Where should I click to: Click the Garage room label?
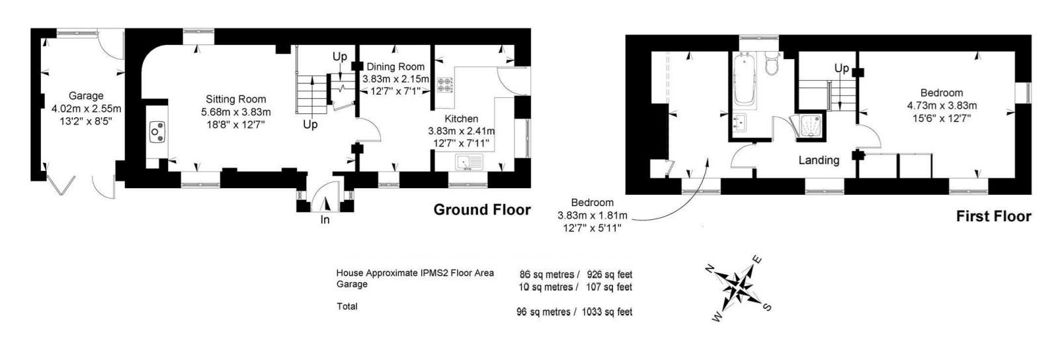coord(86,96)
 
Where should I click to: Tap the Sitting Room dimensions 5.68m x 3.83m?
coord(236,112)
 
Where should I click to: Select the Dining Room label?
coord(395,66)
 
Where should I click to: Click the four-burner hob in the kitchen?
coord(444,84)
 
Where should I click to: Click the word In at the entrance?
coord(325,219)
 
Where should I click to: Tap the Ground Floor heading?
coord(481,210)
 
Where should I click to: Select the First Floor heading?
coord(993,217)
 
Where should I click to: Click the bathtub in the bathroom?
coord(747,81)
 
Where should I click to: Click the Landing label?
coord(819,160)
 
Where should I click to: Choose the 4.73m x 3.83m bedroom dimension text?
coord(942,105)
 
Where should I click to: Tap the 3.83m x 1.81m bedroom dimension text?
coord(592,215)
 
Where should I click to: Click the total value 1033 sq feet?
coord(607,312)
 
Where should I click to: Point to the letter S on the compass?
coord(767,307)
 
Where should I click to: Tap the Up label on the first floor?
coord(841,68)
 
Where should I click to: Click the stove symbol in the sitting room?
coord(157,131)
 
